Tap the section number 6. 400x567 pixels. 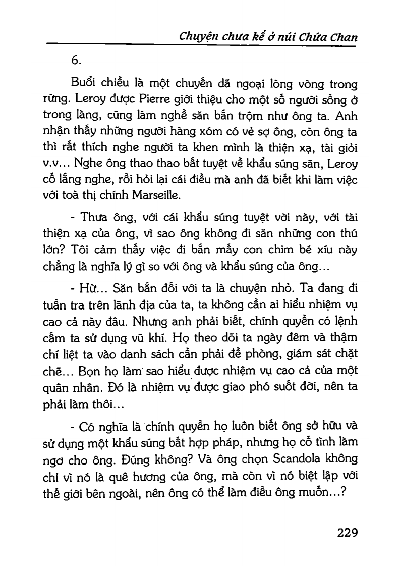(x=77, y=60)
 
